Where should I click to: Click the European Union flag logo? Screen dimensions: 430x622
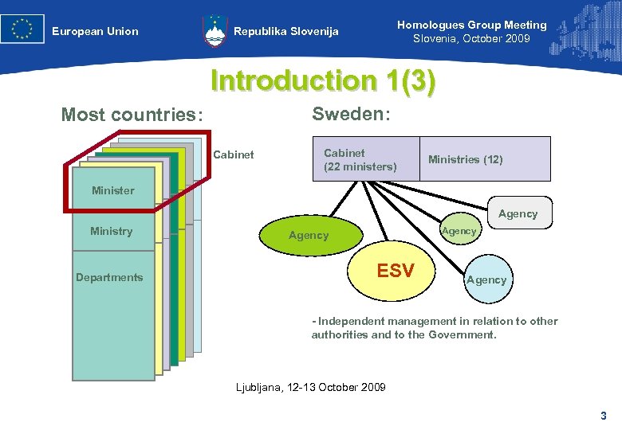[22, 29]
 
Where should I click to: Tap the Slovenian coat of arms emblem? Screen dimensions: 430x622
[215, 30]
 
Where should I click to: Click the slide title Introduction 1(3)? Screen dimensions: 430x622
[323, 81]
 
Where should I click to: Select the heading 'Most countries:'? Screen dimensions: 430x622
[132, 115]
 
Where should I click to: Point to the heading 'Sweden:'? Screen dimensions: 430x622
[351, 114]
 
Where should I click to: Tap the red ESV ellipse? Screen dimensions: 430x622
[396, 272]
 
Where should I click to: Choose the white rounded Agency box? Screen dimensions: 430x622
[518, 213]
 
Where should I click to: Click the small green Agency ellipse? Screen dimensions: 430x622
[459, 231]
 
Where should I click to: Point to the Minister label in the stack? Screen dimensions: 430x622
[113, 190]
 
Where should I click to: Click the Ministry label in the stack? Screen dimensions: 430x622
[112, 232]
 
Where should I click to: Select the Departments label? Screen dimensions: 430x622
[109, 278]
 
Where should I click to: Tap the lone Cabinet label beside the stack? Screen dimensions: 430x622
[234, 154]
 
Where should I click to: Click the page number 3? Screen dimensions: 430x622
[604, 415]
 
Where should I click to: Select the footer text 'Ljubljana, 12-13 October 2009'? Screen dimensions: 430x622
[311, 387]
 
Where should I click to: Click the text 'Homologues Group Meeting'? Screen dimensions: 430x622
[472, 25]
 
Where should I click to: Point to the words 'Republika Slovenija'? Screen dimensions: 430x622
[286, 32]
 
